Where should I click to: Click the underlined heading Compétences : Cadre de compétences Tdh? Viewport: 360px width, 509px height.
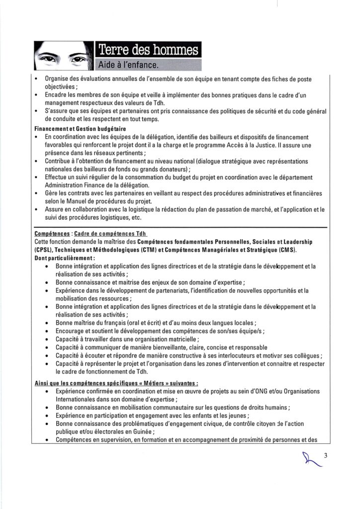click(x=91, y=234)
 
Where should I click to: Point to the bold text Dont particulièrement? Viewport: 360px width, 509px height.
click(x=65, y=259)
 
